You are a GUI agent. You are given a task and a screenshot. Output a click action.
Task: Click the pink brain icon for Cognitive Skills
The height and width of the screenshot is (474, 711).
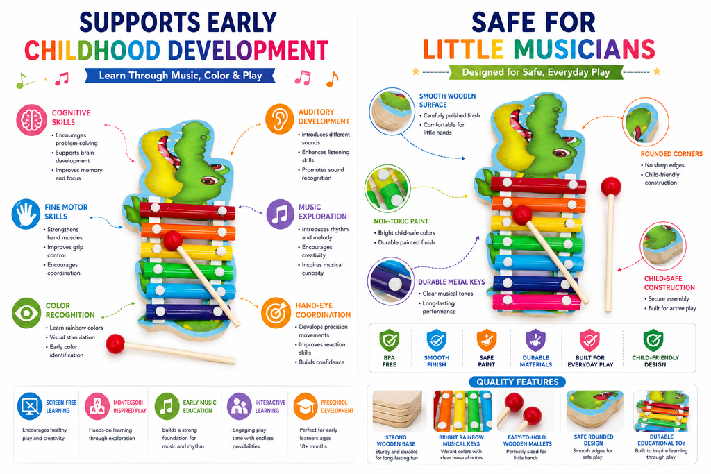click(32, 120)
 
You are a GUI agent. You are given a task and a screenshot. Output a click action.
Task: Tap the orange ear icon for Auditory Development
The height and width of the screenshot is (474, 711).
click(279, 119)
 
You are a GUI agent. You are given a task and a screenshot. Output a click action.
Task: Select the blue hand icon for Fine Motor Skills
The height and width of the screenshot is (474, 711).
click(26, 214)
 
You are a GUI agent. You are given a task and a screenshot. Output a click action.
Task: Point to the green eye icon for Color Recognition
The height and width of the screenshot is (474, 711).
click(26, 313)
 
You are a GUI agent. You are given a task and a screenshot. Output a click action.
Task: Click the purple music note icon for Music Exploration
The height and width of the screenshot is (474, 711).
click(280, 214)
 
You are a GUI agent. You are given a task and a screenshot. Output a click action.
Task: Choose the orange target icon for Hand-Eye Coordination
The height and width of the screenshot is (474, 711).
click(276, 313)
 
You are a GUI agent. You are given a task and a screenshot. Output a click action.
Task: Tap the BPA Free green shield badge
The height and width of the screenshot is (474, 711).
click(389, 340)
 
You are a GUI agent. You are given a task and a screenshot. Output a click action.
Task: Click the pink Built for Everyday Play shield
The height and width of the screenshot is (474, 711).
click(589, 340)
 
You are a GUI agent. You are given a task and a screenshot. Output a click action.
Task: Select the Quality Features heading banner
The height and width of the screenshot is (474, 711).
click(517, 382)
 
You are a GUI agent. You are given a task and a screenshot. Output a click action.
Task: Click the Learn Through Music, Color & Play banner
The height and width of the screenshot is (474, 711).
click(180, 76)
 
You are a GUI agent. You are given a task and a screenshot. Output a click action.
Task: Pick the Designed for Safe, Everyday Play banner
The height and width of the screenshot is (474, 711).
click(535, 72)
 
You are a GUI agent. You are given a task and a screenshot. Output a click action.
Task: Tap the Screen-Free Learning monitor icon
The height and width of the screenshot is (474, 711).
click(30, 406)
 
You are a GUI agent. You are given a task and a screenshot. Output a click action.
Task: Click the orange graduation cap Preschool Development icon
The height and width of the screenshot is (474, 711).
click(306, 406)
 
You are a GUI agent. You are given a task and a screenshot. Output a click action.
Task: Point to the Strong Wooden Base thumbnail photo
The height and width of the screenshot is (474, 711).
click(397, 411)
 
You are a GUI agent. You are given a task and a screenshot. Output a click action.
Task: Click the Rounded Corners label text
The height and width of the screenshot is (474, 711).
click(671, 154)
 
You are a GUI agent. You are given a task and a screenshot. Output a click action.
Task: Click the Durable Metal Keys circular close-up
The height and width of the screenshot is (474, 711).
click(390, 281)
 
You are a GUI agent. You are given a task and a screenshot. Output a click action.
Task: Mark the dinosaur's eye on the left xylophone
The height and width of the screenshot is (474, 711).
click(210, 181)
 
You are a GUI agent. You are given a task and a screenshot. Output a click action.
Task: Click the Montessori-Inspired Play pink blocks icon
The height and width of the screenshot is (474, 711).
click(97, 406)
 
